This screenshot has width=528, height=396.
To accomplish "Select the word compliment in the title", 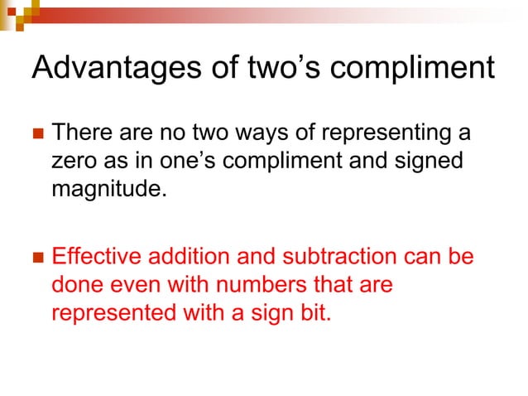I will [424, 69].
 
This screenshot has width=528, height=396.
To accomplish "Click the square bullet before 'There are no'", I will [36, 133].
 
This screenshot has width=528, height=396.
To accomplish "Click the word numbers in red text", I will [275, 286].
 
